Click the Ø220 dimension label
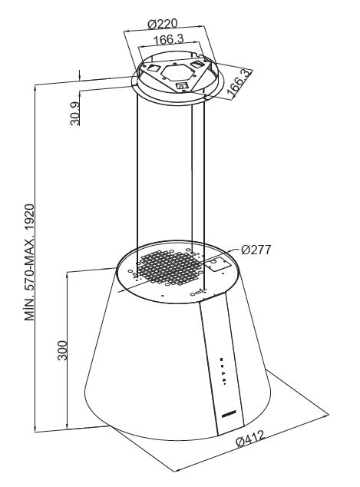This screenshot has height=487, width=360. tap(162, 24)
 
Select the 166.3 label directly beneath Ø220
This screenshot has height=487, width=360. tap(169, 39)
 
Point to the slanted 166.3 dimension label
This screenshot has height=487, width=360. tap(239, 82)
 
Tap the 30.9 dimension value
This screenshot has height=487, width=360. tap(74, 114)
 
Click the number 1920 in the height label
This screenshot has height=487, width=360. tap(30, 217)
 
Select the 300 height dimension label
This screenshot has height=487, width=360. tap(62, 350)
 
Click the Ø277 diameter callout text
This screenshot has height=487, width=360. tap(256, 250)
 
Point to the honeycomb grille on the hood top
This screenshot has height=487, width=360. tap(169, 268)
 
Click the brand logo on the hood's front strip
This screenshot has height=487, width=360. tap(229, 413)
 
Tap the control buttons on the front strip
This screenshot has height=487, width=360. tap(223, 371)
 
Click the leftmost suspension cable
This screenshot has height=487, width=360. tap(137, 184)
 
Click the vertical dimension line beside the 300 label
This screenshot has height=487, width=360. tap(68, 350)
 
